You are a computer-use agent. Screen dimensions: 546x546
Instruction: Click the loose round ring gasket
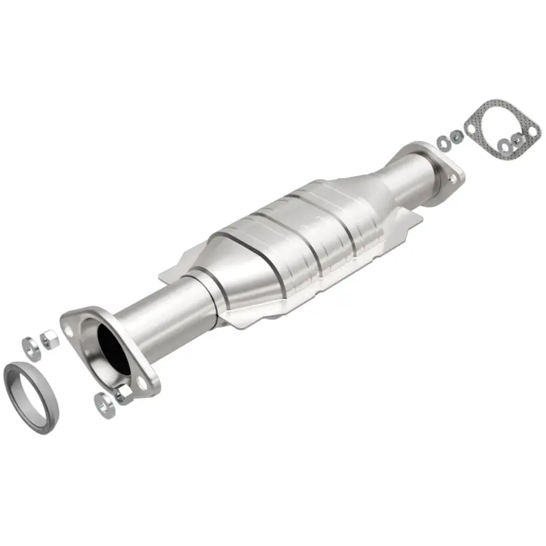(31, 391)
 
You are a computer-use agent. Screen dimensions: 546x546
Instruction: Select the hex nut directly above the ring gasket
(48, 338)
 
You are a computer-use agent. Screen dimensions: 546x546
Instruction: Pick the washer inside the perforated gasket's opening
(504, 144)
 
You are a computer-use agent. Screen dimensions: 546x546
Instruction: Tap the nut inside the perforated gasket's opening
(517, 139)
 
